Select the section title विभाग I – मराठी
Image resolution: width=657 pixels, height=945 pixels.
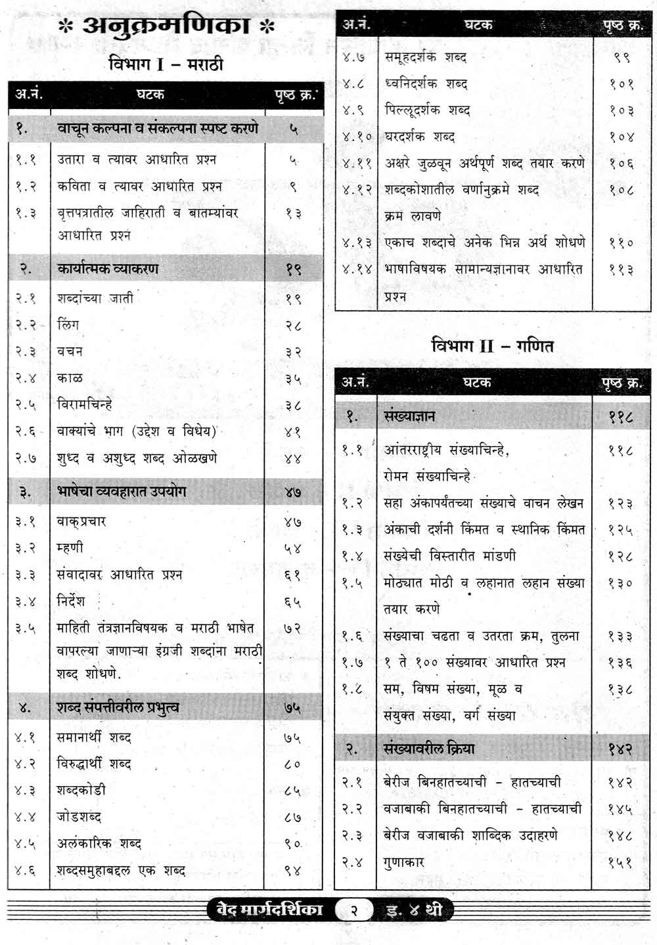pos(166,64)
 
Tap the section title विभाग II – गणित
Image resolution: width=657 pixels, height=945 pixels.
pos(492,345)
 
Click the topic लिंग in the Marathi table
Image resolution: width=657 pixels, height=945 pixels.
pos(68,324)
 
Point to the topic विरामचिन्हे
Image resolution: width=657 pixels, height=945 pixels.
pos(85,405)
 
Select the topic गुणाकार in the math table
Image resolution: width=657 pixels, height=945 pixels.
pos(404,862)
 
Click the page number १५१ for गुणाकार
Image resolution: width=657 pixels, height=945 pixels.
pos(620,862)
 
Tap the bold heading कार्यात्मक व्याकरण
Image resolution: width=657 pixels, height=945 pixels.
pos(108,269)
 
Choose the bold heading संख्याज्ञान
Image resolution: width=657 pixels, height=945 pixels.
pos(409,416)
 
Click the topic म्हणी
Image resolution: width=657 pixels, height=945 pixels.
pos(70,548)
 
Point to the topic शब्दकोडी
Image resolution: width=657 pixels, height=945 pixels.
pos(81,790)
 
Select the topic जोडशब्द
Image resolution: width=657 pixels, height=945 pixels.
pos(79,817)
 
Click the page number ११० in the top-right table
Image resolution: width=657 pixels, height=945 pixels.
pos(621,243)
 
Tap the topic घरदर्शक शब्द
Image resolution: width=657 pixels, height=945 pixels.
pos(419,137)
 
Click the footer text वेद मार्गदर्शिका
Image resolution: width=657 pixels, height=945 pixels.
pos(269,910)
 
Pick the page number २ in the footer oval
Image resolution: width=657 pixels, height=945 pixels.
pos(354,911)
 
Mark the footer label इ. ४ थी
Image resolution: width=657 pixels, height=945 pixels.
pos(414,911)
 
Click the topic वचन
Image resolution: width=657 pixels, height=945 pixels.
pos(70,351)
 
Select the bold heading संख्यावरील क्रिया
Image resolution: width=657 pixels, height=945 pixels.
pos(428,748)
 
